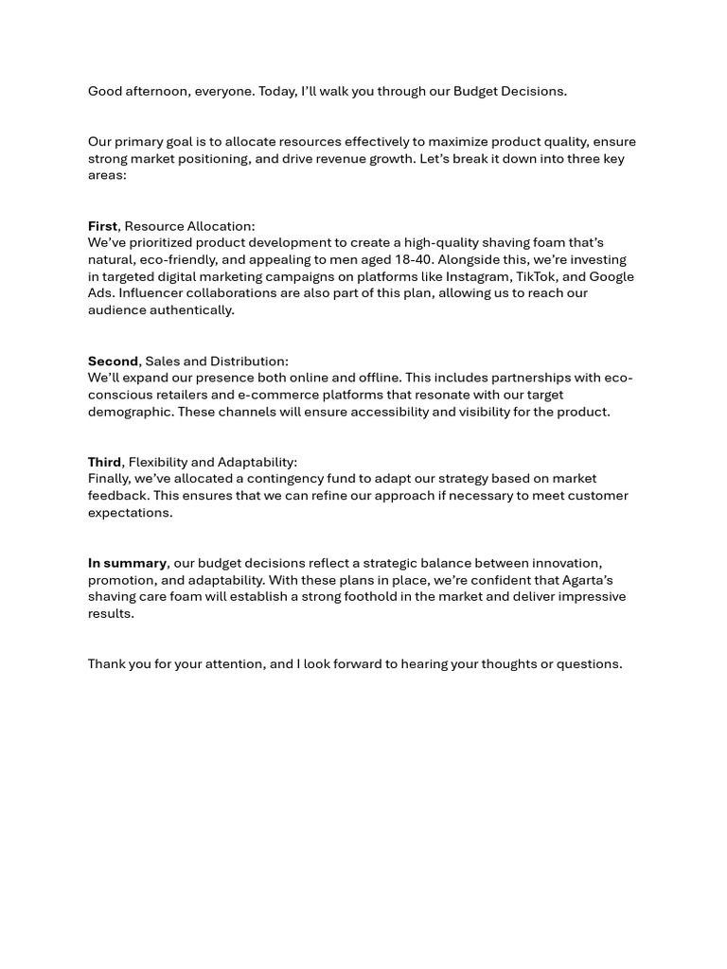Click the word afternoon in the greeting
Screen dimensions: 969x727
pos(158,92)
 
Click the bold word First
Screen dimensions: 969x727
pos(102,226)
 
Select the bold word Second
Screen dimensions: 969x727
pos(113,361)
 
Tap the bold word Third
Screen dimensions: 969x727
pos(104,463)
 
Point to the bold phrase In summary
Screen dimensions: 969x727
pos(127,563)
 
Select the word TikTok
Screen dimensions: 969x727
pos(537,276)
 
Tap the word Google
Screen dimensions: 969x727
pos(612,276)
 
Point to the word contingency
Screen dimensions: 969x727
pos(284,479)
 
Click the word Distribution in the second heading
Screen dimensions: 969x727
pos(249,361)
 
